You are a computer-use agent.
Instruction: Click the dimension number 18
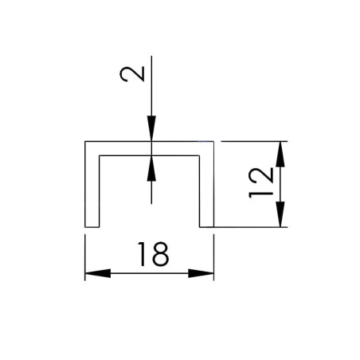coord(153,254)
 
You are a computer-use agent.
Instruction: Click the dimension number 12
coord(261,183)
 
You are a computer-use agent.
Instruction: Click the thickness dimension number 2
coord(132,74)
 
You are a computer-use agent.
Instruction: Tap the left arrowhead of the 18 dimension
coord(98,273)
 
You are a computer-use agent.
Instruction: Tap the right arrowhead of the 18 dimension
coord(201,273)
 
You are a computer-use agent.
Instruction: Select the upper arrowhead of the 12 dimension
coord(280,155)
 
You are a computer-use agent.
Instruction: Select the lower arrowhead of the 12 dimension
coord(280,214)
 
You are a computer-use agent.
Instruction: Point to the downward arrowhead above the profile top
coord(151,128)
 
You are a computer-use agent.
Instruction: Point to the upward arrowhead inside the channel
coord(151,168)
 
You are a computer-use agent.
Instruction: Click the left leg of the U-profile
coord(92,191)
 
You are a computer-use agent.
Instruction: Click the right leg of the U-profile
coord(206,191)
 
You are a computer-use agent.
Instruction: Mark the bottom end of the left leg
coord(92,227)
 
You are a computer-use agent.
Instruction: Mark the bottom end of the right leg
coord(206,227)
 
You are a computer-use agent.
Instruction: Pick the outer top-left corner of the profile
coord(85,142)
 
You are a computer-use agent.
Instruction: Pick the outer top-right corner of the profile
coord(213,142)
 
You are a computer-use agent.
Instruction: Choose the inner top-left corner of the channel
coord(100,155)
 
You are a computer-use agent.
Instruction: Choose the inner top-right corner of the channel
coord(199,155)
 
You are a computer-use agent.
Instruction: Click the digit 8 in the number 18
coord(161,254)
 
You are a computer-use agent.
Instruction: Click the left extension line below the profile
coord(85,257)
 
